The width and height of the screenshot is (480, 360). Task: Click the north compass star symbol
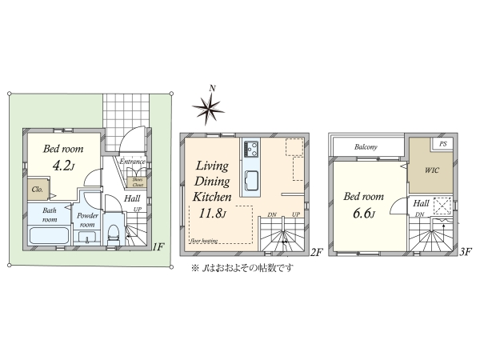point(210,106)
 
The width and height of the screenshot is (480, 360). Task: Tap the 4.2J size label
point(63,166)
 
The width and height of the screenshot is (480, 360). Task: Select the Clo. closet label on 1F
point(38,190)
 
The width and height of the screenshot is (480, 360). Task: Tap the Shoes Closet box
point(138,181)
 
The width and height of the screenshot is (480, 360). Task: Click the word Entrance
point(132,162)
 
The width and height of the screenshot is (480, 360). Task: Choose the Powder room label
point(87,220)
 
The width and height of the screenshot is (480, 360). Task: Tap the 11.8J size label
point(207,213)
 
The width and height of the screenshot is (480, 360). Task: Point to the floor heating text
point(205,238)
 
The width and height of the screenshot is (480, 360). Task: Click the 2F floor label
point(317,252)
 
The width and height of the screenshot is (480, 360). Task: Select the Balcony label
point(366,148)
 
